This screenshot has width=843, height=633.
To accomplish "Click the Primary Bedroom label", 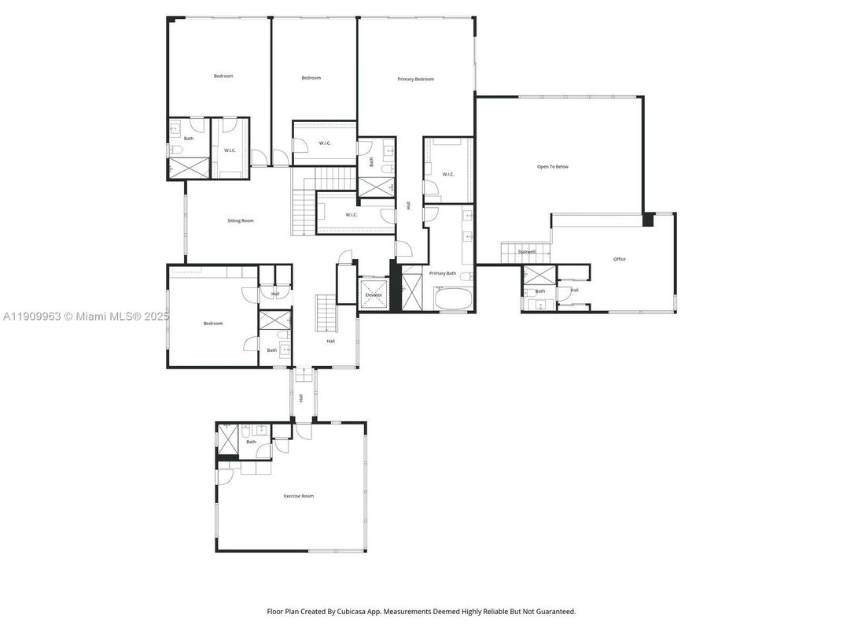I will (x=415, y=79).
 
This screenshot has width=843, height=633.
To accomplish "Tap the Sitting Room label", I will (x=241, y=220).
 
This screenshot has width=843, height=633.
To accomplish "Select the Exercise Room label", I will (x=298, y=496).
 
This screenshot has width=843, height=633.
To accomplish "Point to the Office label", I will (x=620, y=259).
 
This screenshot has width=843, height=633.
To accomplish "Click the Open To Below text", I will (x=552, y=167).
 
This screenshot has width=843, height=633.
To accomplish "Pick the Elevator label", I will (x=374, y=294).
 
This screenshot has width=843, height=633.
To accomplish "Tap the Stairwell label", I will (x=526, y=252).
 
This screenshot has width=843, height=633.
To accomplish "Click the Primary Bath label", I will (x=442, y=273).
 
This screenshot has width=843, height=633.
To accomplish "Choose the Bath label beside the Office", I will (x=540, y=291).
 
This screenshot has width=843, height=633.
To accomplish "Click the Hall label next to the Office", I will (x=574, y=290).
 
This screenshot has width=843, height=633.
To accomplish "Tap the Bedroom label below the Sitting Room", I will (x=213, y=324).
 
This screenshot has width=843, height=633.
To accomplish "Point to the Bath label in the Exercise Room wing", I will (x=251, y=442).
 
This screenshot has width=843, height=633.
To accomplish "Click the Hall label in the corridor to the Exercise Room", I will (x=300, y=398).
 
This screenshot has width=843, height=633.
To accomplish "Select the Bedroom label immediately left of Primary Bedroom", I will (x=311, y=77).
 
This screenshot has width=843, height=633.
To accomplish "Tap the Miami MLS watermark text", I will (x=102, y=316).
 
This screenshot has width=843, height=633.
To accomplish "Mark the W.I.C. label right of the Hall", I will (x=448, y=175).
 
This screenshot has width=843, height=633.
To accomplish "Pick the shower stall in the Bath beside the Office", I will (x=539, y=276).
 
